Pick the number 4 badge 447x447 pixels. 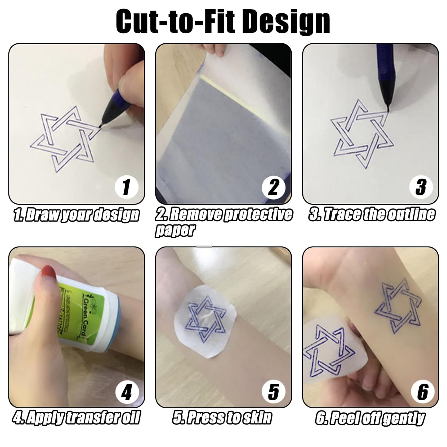point(126,392)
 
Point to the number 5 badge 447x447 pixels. point(273,392)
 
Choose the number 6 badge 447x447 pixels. point(423,392)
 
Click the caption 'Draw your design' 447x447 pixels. point(76,215)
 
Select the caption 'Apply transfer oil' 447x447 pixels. point(76,418)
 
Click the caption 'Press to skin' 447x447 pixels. point(222,418)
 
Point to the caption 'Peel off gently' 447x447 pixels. point(370,418)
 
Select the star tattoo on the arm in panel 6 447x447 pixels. point(398,306)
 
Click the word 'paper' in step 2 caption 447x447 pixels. point(175,230)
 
